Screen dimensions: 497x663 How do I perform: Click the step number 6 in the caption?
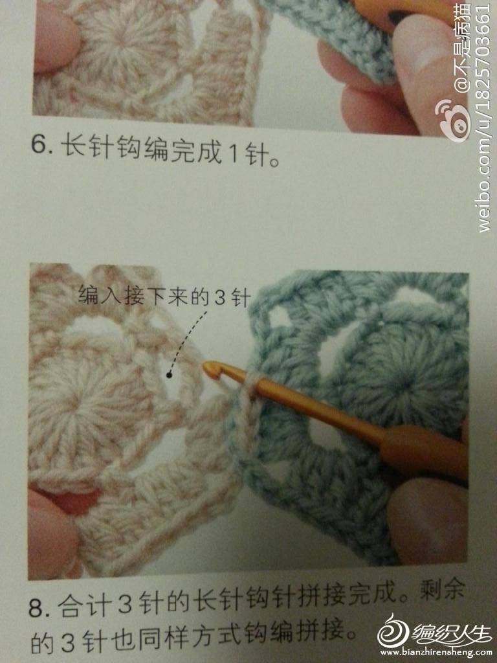(x=39, y=146)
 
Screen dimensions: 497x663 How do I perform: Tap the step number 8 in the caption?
(x=36, y=608)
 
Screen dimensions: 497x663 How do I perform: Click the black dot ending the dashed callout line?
(x=169, y=374)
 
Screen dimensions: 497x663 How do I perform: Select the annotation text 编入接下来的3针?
(x=164, y=295)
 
